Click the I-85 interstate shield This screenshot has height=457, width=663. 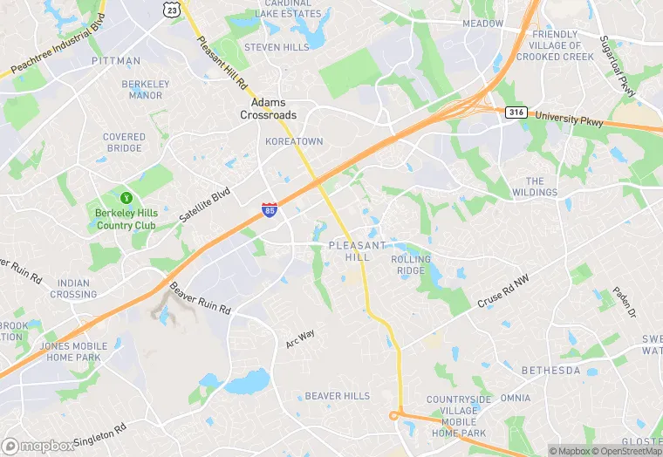click(270, 209)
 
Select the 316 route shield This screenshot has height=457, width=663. click(515, 112)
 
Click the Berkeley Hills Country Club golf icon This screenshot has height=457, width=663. click(126, 197)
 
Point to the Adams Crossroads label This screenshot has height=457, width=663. click(269, 109)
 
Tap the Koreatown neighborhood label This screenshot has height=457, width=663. click(294, 141)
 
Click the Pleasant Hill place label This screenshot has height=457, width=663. click(357, 252)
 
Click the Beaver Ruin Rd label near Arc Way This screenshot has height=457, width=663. click(200, 299)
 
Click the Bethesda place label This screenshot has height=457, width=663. click(550, 371)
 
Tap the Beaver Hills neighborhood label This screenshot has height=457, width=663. click(338, 396)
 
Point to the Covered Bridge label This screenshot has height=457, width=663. click(124, 142)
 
